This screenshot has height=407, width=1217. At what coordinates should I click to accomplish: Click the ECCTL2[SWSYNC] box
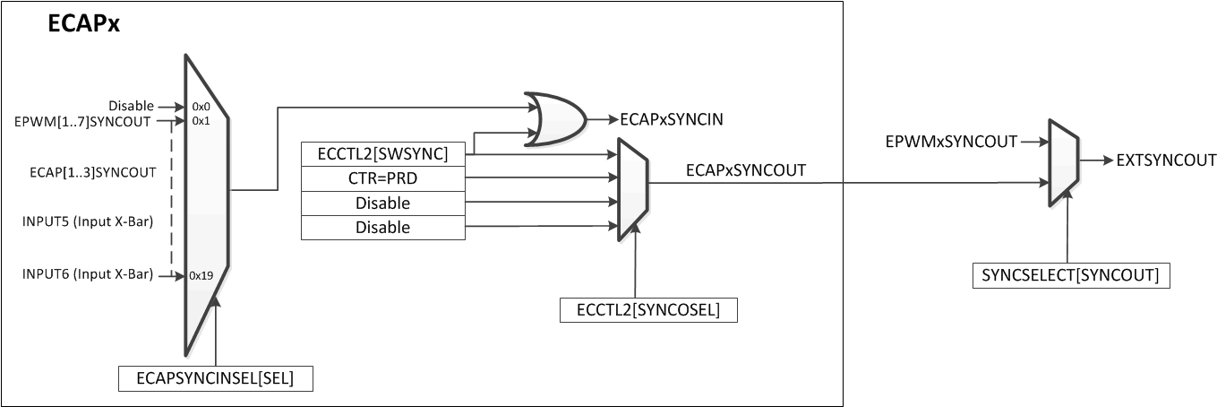(382, 154)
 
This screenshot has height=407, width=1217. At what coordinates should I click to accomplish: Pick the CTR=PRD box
(382, 178)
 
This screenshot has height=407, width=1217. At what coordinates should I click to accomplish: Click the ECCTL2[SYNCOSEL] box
(649, 310)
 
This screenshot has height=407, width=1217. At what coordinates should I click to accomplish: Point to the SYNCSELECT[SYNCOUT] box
(1070, 275)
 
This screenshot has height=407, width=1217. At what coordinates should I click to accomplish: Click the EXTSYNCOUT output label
(1164, 161)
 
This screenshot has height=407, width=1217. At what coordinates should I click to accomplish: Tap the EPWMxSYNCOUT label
(951, 142)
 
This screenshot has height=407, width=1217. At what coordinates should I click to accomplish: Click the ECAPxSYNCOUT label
(746, 169)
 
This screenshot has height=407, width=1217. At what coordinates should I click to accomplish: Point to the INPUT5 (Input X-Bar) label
(87, 222)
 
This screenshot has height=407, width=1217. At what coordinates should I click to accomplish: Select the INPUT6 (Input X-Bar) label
(87, 273)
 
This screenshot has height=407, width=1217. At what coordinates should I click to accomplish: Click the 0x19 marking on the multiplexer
(200, 276)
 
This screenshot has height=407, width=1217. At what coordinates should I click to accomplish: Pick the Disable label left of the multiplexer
(131, 106)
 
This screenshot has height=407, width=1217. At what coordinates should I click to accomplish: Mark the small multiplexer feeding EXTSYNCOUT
(1063, 161)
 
